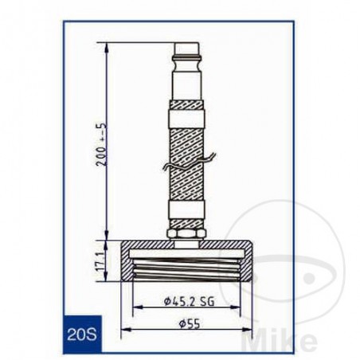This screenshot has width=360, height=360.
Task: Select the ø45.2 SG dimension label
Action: (186, 300)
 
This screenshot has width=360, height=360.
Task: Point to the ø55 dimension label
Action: (188, 325)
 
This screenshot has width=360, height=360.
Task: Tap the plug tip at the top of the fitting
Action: (187, 56)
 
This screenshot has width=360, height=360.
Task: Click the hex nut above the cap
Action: (188, 234)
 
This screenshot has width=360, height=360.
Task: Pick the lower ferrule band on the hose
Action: (188, 213)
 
